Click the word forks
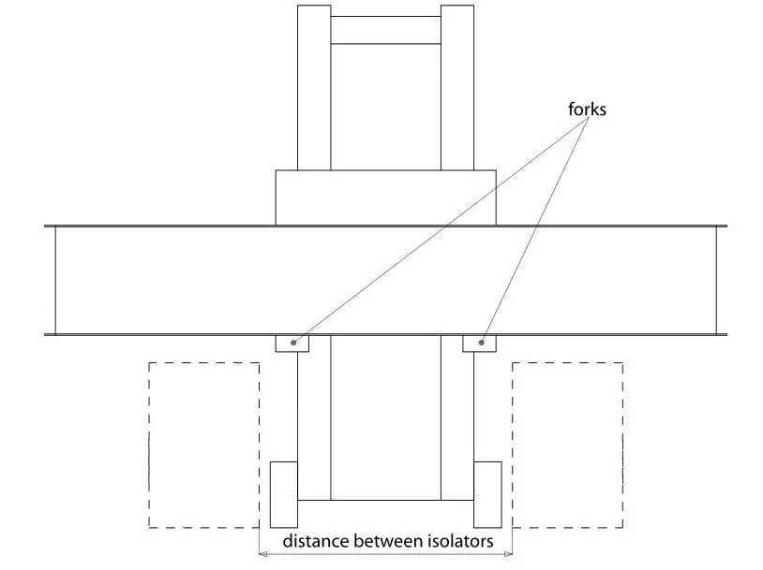(586, 110)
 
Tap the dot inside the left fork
(294, 343)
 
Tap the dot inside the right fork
(482, 343)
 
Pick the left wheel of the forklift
(284, 493)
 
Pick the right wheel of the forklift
(487, 493)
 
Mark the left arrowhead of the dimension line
(263, 555)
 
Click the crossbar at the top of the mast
(385, 30)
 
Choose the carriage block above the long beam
(385, 197)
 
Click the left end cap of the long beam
(50, 280)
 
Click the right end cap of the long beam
(721, 280)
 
